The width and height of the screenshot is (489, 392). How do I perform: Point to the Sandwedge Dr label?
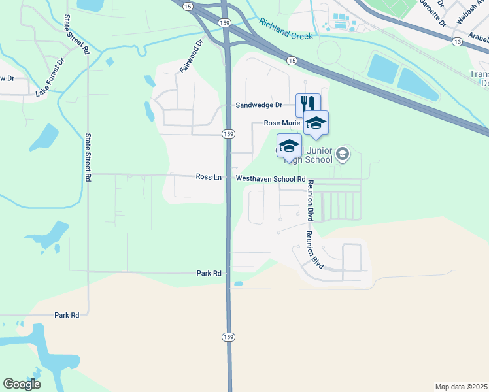[259, 105]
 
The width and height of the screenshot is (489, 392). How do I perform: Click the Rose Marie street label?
[281, 123]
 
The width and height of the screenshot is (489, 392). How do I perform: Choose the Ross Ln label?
[209, 177]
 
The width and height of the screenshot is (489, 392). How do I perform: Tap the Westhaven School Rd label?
[271, 178]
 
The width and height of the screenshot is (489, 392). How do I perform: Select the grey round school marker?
[342, 155]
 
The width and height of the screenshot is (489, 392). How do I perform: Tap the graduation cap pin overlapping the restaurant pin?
[316, 123]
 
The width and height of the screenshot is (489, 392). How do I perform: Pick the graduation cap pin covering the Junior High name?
[289, 146]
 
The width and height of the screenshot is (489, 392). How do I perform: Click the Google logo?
[22, 384]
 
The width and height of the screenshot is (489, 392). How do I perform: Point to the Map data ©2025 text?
[461, 386]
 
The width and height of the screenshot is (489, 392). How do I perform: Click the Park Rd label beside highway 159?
[209, 273]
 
